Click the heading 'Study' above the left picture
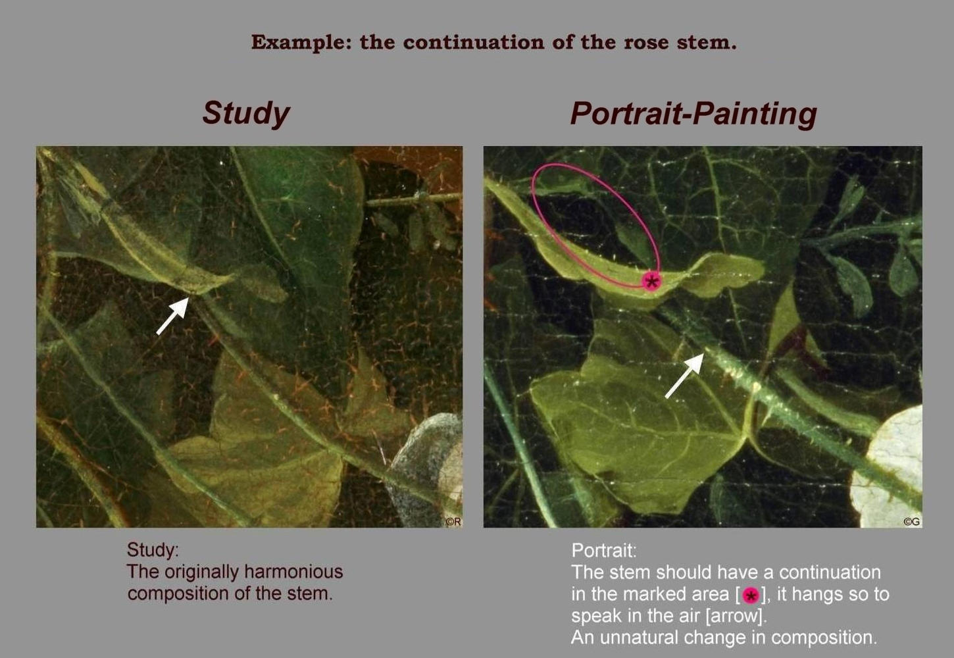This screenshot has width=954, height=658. click(246, 114)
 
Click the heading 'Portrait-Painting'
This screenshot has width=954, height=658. click(693, 114)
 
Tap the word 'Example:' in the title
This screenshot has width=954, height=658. click(301, 43)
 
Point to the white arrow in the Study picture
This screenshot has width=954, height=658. click(173, 316)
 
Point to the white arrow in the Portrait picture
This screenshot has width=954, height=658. click(684, 375)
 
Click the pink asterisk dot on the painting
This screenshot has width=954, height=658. click(651, 282)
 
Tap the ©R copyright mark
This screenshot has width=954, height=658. click(453, 521)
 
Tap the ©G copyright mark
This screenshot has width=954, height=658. click(912, 522)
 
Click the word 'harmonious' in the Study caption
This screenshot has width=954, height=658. click(293, 572)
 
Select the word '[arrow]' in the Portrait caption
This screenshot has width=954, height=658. click(736, 617)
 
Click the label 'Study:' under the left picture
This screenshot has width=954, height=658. click(153, 550)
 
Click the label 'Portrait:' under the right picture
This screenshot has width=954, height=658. click(604, 551)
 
